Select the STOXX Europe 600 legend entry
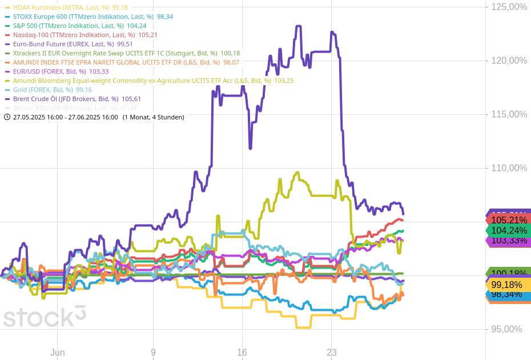[80, 17]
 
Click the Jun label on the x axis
[57, 353]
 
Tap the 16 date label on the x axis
[242, 353]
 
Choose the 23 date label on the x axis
[332, 353]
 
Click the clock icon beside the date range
[7, 117]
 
